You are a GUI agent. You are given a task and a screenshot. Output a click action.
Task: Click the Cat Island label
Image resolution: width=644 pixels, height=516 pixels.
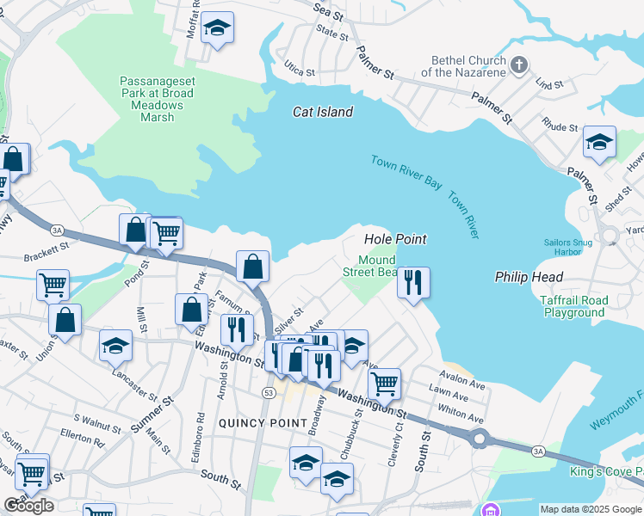[323, 112]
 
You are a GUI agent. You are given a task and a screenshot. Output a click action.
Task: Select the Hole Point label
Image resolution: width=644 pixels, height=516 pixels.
[396, 238]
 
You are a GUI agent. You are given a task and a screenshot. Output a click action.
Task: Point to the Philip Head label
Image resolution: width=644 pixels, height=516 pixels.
[529, 277]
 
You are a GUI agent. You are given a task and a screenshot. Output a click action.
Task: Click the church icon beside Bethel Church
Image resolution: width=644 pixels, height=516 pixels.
[519, 65]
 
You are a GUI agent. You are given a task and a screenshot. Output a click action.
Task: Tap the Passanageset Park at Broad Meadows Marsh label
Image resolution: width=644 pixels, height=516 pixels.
[152, 93]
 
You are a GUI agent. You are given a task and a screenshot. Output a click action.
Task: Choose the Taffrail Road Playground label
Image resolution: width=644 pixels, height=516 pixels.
[573, 307]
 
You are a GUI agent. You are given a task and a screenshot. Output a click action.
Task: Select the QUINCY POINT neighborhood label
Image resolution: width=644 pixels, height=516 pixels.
[263, 423]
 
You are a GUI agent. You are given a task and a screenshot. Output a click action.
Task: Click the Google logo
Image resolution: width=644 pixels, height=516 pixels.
[28, 506]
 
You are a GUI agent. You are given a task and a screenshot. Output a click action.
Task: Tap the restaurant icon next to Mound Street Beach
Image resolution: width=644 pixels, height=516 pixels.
[413, 282]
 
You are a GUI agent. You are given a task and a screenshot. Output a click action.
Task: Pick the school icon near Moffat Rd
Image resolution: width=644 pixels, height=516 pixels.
[218, 28]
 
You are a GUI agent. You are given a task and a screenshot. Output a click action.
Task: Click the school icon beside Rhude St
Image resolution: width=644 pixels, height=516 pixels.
[599, 142]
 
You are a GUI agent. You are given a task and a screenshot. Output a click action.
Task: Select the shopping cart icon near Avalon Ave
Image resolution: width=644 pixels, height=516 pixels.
[383, 382]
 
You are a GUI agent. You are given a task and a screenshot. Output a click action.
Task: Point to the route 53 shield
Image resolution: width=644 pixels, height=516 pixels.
[269, 392]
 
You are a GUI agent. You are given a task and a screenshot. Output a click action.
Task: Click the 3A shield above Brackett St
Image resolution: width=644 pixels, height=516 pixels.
[58, 230]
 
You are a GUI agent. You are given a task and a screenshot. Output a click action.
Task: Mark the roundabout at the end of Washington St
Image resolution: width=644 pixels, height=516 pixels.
[479, 439]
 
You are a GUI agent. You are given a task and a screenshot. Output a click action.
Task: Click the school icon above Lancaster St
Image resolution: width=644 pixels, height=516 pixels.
[115, 346]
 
